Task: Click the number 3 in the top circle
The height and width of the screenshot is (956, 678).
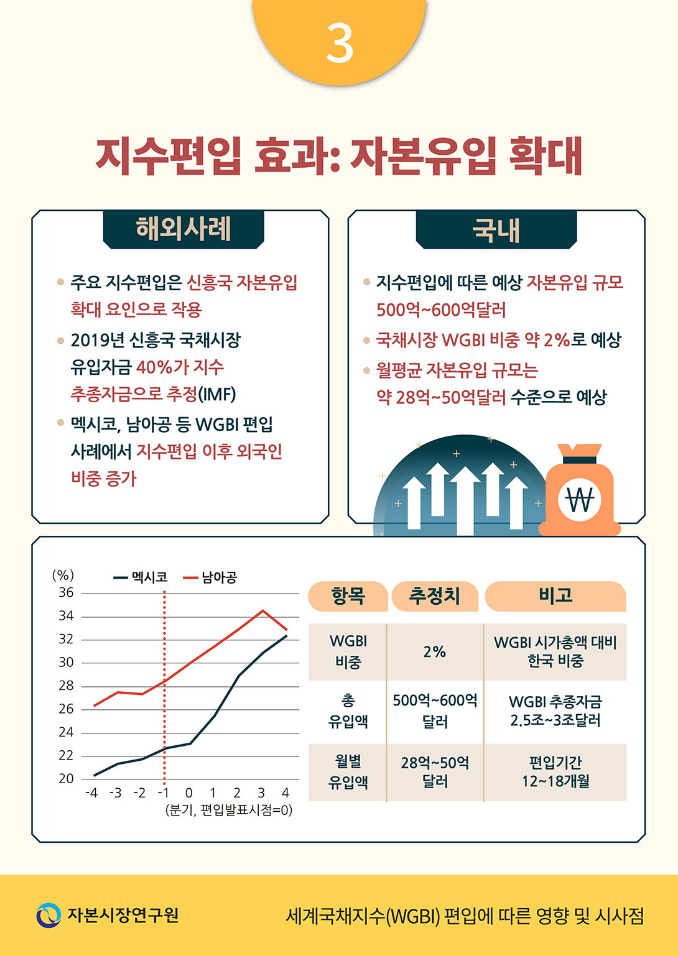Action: pyautogui.click(x=340, y=44)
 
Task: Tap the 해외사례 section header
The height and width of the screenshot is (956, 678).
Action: pyautogui.click(x=183, y=229)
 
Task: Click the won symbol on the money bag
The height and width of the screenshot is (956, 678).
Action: pyautogui.click(x=580, y=499)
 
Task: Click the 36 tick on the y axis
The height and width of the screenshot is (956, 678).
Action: pyautogui.click(x=66, y=592)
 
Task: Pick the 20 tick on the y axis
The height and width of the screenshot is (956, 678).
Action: pyautogui.click(x=66, y=778)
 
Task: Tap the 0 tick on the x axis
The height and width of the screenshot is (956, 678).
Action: pyautogui.click(x=189, y=793)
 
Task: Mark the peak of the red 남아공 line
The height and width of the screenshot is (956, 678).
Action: pyautogui.click(x=262, y=610)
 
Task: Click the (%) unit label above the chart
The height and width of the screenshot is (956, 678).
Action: pyautogui.click(x=63, y=575)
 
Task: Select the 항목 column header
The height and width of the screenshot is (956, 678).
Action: pyautogui.click(x=348, y=596)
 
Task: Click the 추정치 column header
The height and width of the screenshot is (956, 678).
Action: pyautogui.click(x=434, y=596)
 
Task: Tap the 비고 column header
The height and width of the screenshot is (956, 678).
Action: pyautogui.click(x=555, y=596)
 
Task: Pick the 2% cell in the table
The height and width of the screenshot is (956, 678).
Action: pyautogui.click(x=434, y=651)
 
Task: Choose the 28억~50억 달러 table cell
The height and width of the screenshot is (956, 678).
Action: pyautogui.click(x=435, y=772)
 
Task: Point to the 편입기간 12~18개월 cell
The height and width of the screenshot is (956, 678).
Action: pyautogui.click(x=555, y=772)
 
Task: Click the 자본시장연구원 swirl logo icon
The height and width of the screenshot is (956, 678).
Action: pyautogui.click(x=49, y=915)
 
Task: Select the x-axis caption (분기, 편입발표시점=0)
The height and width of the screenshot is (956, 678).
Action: pyautogui.click(x=228, y=810)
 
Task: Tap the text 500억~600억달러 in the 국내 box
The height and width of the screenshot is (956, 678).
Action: pyautogui.click(x=441, y=310)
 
